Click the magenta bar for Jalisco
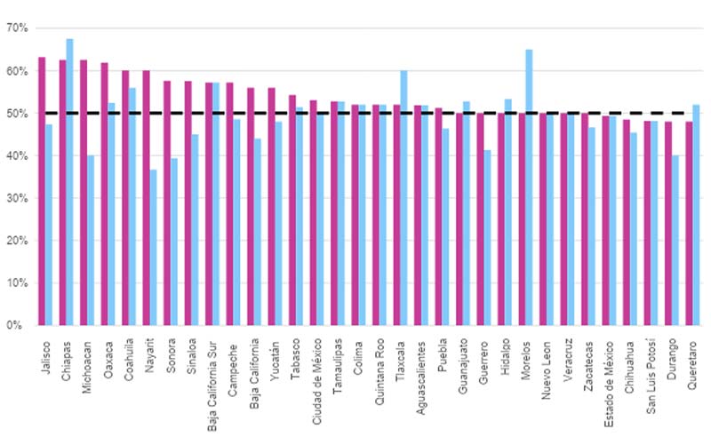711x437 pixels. (42, 191)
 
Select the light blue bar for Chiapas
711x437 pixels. (69, 182)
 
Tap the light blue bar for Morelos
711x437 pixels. (530, 187)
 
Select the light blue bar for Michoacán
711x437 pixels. (91, 240)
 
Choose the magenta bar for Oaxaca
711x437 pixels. (104, 194)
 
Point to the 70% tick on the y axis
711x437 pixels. (17, 28)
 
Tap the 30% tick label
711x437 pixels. (17, 198)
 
